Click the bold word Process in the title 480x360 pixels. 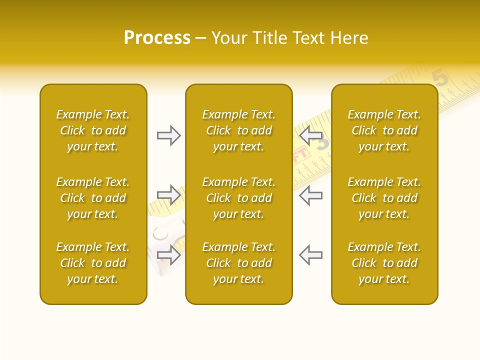157,38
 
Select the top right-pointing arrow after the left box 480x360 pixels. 168,135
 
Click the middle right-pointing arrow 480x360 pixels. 168,195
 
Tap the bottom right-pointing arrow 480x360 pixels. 168,254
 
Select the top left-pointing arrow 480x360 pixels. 310,135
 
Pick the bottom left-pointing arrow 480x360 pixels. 310,254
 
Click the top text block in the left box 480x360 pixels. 93,130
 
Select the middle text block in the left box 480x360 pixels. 93,198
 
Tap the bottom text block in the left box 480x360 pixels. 93,263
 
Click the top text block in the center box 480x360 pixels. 239,130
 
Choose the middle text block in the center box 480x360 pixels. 239,198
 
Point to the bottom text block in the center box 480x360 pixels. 239,263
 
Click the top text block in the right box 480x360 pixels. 384,130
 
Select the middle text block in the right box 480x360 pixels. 384,198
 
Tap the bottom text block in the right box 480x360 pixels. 384,263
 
